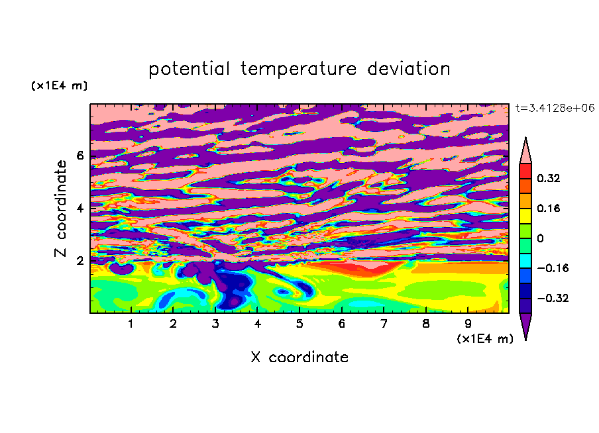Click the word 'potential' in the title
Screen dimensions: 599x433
(189, 69)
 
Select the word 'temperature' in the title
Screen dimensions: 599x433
(298, 69)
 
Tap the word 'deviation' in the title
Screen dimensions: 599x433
(409, 69)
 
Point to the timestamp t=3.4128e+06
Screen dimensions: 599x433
(555, 108)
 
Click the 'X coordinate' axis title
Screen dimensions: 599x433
(299, 357)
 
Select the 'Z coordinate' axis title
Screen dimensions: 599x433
(60, 208)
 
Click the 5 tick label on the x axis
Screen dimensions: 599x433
(299, 324)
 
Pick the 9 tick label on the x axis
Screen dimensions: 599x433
(468, 324)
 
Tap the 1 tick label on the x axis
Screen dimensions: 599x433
(131, 324)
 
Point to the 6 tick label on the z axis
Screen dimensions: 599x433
(80, 156)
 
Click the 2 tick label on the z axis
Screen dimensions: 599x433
(80, 261)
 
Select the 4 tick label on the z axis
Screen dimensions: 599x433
(80, 208)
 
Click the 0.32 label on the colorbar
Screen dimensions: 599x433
(549, 178)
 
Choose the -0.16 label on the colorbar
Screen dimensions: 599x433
(553, 268)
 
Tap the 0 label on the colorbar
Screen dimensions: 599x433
(540, 238)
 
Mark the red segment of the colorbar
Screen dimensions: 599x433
(525, 171)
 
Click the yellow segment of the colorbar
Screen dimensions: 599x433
(525, 216)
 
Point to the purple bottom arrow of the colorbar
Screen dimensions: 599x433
(525, 324)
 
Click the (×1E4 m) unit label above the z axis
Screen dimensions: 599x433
(59, 85)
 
